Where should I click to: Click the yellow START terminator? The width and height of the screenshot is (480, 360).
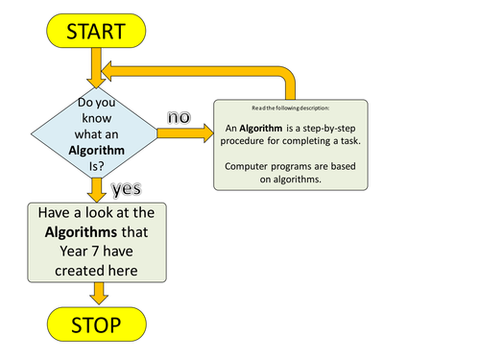95,31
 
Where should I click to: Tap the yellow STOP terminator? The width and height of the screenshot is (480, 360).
95,325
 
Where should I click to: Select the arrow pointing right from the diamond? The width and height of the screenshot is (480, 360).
182,132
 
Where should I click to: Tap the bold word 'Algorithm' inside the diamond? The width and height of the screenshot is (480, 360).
95,149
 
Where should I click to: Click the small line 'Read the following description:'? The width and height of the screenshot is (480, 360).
289,108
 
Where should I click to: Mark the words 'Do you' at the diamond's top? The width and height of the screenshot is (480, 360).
95,100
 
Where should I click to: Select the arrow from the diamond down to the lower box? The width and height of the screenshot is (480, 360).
95,190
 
